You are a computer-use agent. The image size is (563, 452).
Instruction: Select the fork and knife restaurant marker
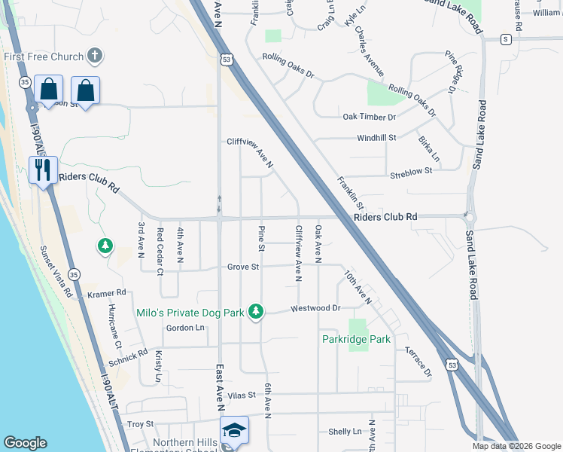[42, 169]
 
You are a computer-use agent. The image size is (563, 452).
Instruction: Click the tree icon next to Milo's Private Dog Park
[257, 311]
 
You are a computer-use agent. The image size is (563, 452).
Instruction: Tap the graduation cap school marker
[235, 430]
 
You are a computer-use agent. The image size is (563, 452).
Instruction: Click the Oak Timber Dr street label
[369, 117]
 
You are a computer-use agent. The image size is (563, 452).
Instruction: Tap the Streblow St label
[411, 171]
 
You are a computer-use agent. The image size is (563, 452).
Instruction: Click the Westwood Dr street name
[316, 308]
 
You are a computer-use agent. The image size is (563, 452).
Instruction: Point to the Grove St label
[243, 267]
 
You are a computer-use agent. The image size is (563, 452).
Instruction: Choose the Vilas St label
[242, 394]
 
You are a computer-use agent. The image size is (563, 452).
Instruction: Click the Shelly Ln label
[345, 432]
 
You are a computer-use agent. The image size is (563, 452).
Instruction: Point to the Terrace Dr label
[418, 362]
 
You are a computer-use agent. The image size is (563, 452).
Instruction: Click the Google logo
[25, 444]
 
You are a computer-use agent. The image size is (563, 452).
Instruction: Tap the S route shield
[506, 38]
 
